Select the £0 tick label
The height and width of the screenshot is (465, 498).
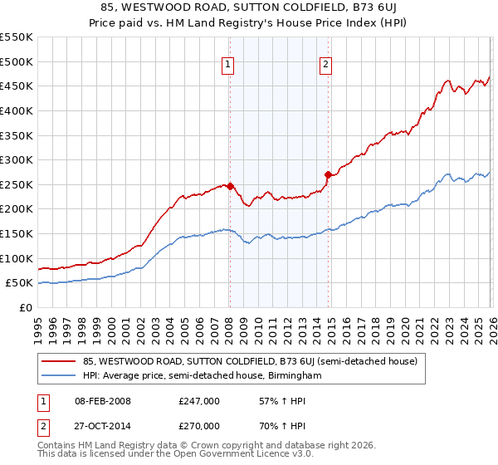(x=25, y=307)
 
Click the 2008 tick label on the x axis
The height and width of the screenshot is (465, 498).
(x=228, y=325)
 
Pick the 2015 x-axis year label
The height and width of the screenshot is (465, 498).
(x=330, y=325)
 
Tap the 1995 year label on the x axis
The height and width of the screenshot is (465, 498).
(x=38, y=325)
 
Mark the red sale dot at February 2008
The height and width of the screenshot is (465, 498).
(x=230, y=186)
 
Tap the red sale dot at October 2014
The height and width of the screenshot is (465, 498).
(x=328, y=174)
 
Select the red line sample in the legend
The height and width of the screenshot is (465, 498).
(x=60, y=361)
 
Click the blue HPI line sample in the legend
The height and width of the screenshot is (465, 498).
(x=60, y=376)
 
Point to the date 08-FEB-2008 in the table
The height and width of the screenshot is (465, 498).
(x=101, y=401)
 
